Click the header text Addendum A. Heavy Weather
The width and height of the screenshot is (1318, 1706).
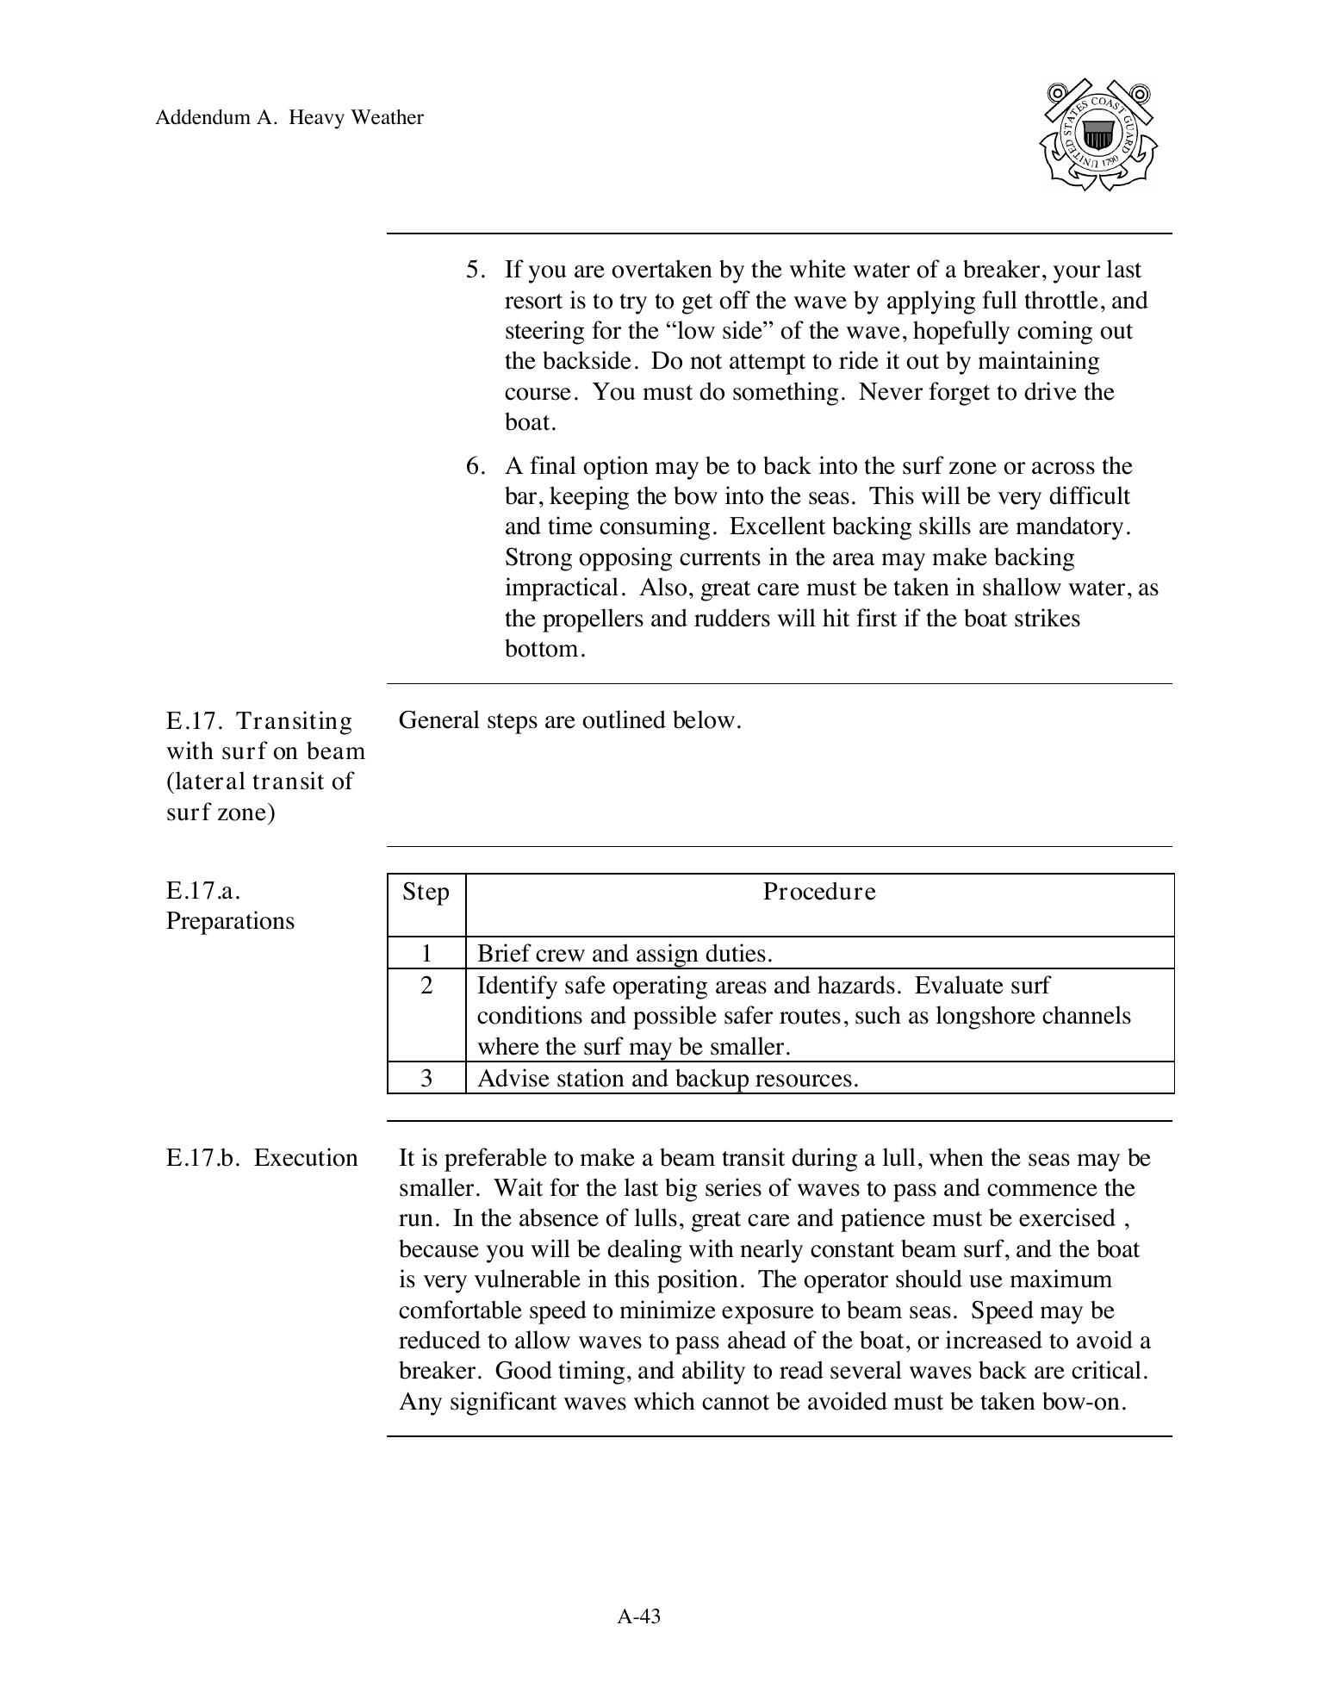[289, 118]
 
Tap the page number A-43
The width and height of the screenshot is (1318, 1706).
[638, 1616]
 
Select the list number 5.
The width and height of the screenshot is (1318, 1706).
[476, 270]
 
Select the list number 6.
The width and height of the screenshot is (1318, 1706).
[476, 466]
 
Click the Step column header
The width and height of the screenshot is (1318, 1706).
[426, 892]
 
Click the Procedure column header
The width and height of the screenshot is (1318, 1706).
[819, 892]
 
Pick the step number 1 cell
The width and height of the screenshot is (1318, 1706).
[426, 953]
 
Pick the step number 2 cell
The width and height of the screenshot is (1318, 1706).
[426, 985]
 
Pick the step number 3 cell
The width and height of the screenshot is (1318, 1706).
[426, 1078]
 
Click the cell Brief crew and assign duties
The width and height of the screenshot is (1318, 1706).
[625, 954]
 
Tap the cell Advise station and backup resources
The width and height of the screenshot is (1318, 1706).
[668, 1079]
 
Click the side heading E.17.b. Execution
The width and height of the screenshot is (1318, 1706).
[262, 1157]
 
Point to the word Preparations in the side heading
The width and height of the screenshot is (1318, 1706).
[230, 921]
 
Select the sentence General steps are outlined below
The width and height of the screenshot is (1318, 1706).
[569, 720]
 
